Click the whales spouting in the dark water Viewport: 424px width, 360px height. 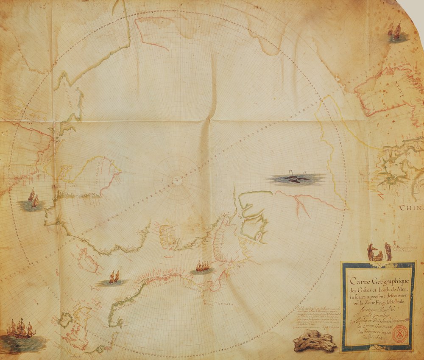295,179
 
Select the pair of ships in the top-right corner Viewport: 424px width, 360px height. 395,31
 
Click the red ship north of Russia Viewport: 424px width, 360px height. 203,266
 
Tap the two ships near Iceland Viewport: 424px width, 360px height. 114,277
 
